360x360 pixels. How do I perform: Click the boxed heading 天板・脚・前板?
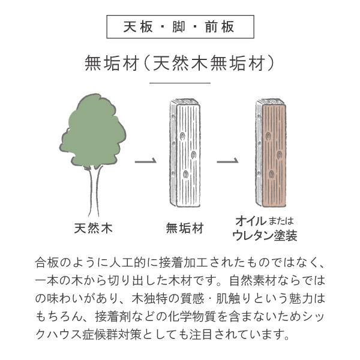coord(180,26)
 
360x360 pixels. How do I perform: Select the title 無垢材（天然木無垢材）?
coord(180,62)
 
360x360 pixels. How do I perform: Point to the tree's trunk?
coord(94,192)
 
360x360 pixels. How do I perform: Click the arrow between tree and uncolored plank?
coord(146,161)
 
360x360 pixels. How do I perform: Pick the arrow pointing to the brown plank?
coord(228,161)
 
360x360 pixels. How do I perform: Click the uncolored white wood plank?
coord(185,153)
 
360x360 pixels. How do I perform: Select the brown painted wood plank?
coord(271,153)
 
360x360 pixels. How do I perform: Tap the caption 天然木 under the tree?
coord(94,228)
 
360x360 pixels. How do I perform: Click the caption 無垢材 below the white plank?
coord(185,228)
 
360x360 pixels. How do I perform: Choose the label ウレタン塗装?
coord(265,235)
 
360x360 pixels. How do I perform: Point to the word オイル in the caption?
coord(251,221)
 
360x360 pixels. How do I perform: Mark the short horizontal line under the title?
coord(180,83)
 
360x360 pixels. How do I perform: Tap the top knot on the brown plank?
coord(268,136)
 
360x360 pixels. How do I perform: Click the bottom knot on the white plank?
coord(185,174)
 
